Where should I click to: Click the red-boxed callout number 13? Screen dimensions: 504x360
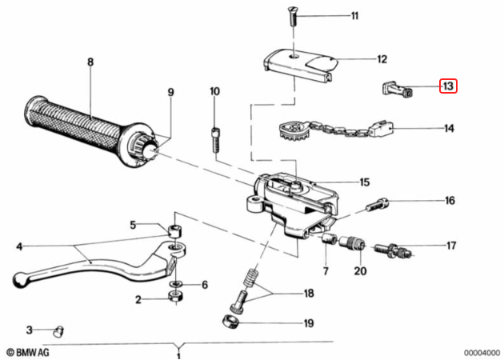(448, 86)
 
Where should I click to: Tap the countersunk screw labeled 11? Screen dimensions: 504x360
(294, 17)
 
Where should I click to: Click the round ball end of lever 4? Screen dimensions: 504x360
(21, 279)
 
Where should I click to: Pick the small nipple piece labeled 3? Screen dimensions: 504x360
(58, 331)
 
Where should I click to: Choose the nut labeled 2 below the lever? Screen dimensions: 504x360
(176, 296)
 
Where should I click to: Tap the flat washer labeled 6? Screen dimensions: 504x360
(175, 284)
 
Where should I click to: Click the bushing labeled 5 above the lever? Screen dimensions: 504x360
(174, 230)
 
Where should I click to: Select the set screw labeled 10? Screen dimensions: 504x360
(215, 140)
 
